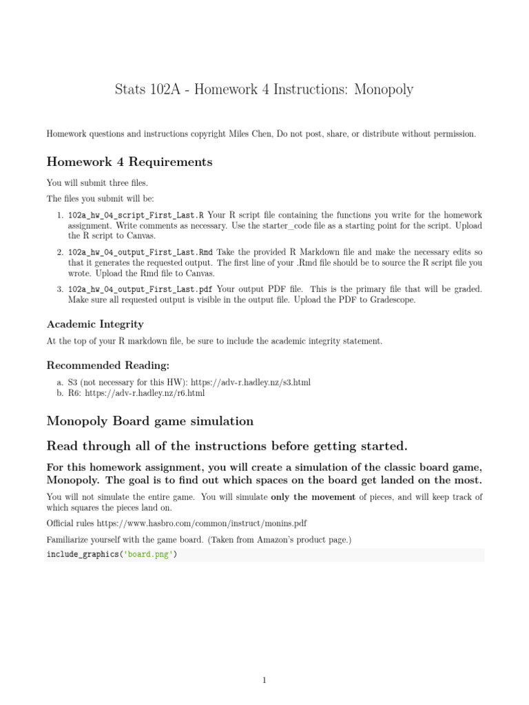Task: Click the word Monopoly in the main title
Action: [384, 90]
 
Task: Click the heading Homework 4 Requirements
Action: [129, 162]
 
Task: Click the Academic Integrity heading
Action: [95, 324]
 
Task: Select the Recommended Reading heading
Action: [107, 364]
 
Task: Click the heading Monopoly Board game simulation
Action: [149, 421]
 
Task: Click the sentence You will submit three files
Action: [97, 183]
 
